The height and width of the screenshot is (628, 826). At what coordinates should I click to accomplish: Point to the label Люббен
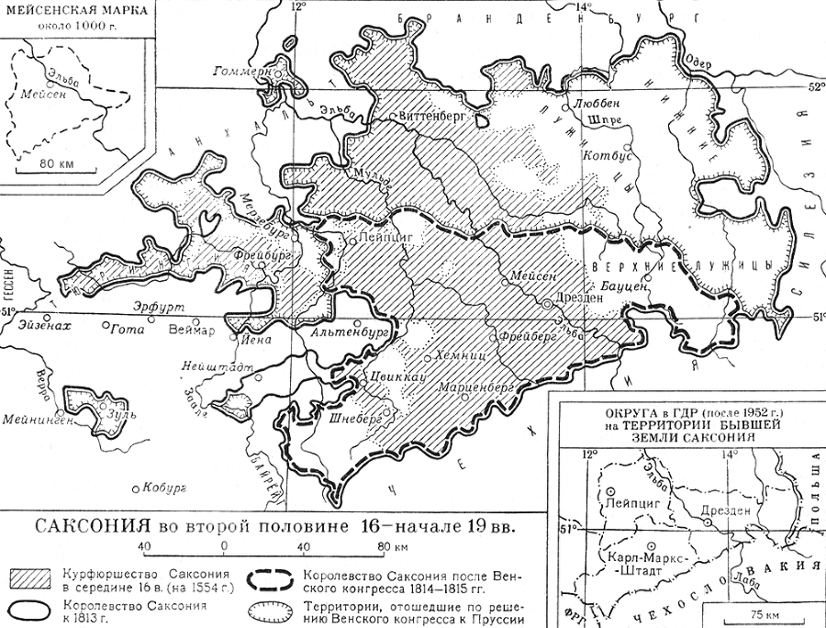click(597, 104)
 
